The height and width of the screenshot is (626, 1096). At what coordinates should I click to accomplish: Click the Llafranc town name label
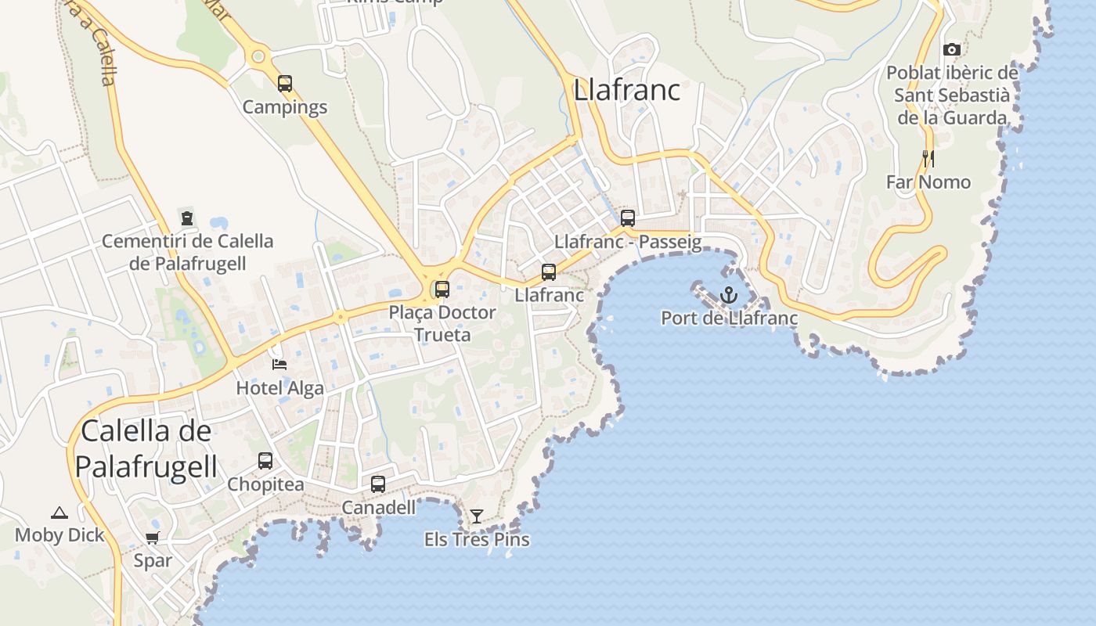point(626,90)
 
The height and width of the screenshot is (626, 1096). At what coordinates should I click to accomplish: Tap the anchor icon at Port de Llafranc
point(729,295)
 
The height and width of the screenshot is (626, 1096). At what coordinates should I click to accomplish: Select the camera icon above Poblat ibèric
point(952,49)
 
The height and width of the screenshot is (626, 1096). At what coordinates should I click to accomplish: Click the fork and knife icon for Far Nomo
point(928,158)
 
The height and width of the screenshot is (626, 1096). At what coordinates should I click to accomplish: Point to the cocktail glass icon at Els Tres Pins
point(476,516)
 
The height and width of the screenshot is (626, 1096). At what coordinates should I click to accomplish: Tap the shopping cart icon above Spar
point(153,538)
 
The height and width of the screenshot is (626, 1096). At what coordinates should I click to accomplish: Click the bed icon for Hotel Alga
point(279,364)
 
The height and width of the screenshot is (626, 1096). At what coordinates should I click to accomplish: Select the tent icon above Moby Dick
point(59,513)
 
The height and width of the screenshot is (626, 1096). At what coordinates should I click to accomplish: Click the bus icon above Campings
point(285,83)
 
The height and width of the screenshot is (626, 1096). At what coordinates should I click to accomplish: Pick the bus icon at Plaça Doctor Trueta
point(442,290)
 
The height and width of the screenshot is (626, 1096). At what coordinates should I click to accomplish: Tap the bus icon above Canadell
point(378,484)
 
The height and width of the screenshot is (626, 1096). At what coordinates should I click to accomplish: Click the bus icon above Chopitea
point(265,461)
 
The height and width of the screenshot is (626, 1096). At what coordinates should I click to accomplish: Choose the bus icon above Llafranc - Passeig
point(627,218)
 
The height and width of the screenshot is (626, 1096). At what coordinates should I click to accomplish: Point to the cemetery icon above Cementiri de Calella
point(187,218)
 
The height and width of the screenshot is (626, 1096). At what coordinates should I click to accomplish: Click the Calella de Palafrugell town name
point(146,448)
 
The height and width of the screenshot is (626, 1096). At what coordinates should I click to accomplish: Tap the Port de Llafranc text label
point(729,318)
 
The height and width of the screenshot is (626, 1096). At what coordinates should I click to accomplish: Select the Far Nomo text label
point(928,182)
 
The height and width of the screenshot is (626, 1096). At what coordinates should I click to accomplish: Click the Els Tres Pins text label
point(477,540)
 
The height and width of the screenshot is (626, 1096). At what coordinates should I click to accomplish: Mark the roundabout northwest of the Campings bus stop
point(258,56)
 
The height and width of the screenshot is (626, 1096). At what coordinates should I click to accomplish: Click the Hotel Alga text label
point(279,387)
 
